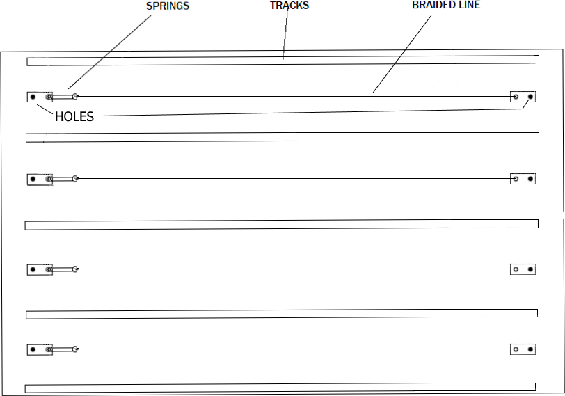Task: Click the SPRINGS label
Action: point(168,6)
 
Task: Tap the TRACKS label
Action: point(289,6)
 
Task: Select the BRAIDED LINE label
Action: point(446,5)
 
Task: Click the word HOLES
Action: point(74,116)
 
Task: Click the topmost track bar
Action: point(283,61)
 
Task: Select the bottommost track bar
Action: point(280,388)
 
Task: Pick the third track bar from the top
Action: point(281,225)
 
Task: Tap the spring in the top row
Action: point(63,97)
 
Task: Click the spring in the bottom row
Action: point(63,349)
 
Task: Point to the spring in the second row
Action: point(63,179)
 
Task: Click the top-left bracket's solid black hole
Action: point(33,97)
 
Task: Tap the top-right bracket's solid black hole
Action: point(530,97)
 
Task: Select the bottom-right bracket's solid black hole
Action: point(530,349)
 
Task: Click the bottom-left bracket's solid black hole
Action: point(33,349)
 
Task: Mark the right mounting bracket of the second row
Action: point(523,179)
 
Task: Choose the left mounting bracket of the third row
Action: point(40,269)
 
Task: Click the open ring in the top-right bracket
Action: point(516,97)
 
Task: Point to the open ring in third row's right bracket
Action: point(516,269)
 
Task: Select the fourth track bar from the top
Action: point(282,314)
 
